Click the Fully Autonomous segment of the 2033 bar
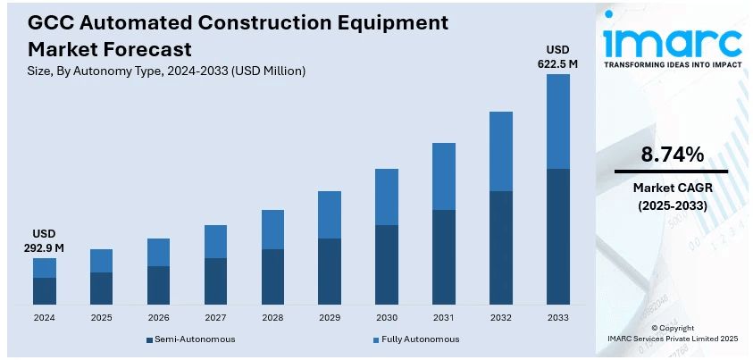pos(557,121)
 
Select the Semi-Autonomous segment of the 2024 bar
pos(45,291)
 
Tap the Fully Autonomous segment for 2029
pos(330,214)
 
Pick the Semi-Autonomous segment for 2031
pos(443,257)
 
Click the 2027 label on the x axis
pos(215,318)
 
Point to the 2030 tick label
pos(386,318)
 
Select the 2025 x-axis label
pos(101,318)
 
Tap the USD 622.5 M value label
pos(557,56)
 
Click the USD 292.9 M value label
pos(45,239)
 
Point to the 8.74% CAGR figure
pos(673,155)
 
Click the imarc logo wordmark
pos(672,41)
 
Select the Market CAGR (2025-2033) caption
pos(671,197)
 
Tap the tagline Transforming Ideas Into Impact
pos(672,65)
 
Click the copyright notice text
pos(672,333)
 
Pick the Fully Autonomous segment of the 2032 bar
pos(500,151)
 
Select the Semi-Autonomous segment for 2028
pos(272,277)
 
